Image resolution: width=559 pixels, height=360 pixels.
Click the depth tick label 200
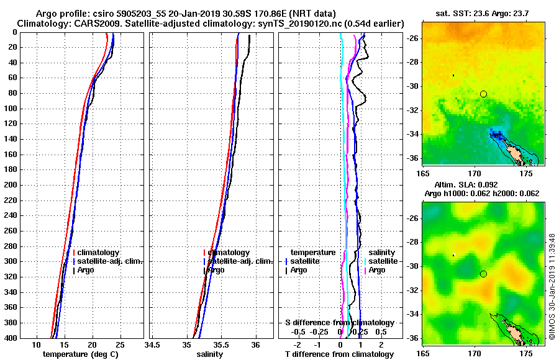12,184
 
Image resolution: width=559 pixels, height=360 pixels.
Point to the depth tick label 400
12,337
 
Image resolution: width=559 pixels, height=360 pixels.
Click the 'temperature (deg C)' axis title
80,354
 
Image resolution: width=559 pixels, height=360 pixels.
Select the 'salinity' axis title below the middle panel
211,354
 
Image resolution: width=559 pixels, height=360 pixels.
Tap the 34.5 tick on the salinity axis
153,345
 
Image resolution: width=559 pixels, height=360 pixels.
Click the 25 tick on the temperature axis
119,345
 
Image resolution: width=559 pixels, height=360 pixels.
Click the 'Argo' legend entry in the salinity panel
216,270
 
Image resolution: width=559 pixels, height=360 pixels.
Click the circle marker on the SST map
483,94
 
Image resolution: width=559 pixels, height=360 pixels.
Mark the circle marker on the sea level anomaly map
483,274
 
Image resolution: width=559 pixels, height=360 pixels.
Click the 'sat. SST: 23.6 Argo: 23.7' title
483,14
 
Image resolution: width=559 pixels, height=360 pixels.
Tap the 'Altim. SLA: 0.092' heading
483,185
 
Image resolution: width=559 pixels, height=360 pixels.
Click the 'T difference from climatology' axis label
339,354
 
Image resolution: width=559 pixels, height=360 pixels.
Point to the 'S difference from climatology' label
339,323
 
